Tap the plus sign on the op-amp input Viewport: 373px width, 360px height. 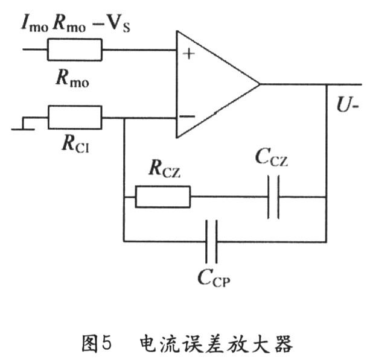click(189, 54)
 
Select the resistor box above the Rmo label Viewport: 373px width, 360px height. click(75, 50)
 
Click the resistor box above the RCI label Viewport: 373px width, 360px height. click(75, 118)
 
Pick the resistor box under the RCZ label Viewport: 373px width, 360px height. click(162, 197)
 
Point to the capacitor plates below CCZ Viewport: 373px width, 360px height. click(273, 197)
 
